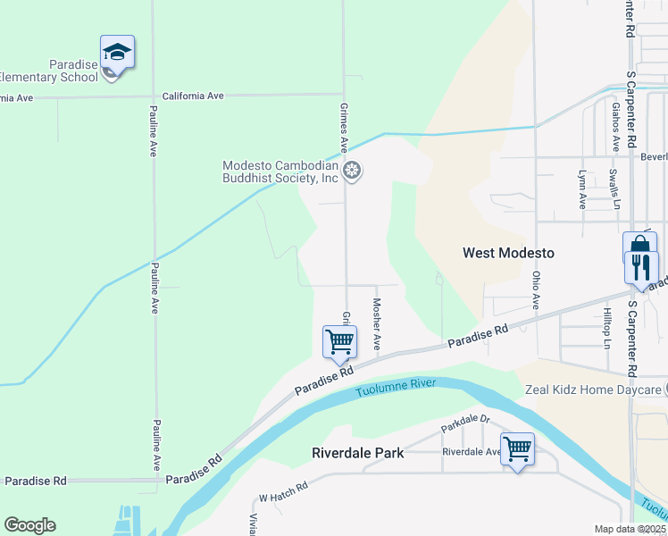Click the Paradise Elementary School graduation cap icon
(x=117, y=52)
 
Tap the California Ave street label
(x=192, y=96)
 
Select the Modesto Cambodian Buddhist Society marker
(x=353, y=170)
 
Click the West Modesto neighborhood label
(x=508, y=253)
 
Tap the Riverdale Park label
(x=357, y=453)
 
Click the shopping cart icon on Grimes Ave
(x=339, y=341)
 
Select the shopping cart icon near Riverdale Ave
(x=518, y=448)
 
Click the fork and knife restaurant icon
(x=641, y=267)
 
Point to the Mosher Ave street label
(x=377, y=323)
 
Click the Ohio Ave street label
(x=536, y=290)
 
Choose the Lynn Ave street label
(x=582, y=189)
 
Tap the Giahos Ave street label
(x=615, y=126)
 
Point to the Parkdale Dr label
(x=465, y=423)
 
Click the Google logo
(x=29, y=525)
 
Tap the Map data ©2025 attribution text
(x=630, y=529)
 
